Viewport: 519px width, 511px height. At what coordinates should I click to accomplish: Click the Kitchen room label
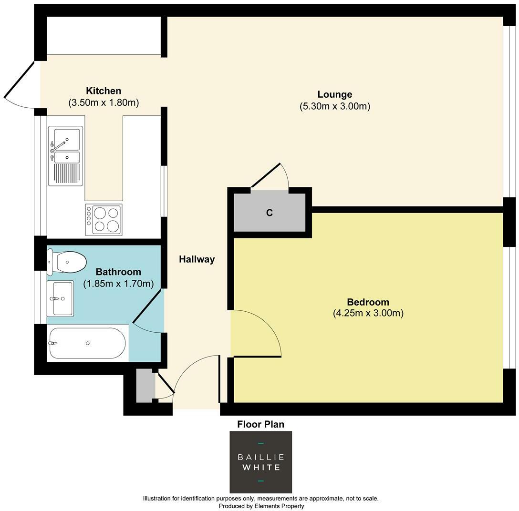(103, 91)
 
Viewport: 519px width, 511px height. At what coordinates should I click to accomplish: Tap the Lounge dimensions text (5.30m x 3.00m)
(335, 106)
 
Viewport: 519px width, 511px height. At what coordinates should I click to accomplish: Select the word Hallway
(197, 259)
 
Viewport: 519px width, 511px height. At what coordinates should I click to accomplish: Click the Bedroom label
(368, 302)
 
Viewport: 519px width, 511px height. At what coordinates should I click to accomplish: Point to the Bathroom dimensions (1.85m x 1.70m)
(118, 284)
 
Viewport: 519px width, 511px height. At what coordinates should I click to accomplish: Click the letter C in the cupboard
(270, 213)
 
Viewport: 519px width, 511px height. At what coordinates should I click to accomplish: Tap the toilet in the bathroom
(66, 262)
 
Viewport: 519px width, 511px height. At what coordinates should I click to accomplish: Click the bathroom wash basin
(60, 299)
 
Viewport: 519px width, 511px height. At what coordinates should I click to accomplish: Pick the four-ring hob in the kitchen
(104, 220)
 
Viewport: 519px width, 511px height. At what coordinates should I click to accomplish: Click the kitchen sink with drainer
(65, 156)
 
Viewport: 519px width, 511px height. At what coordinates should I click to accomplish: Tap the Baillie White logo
(261, 462)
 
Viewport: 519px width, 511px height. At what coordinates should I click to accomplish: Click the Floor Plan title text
(261, 424)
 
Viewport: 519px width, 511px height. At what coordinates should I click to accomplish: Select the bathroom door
(147, 306)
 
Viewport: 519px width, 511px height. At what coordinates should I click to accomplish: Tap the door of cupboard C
(266, 175)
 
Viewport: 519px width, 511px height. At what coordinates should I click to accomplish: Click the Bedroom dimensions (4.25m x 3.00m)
(368, 313)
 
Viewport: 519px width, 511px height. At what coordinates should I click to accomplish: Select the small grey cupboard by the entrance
(145, 386)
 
